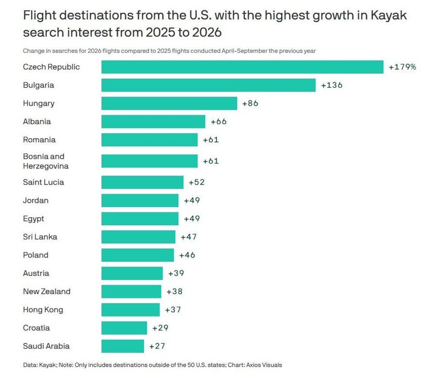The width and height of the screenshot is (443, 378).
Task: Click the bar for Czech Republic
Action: coord(242,67)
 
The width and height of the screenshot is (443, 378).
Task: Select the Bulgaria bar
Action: coord(208,85)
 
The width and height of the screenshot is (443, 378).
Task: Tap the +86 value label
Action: coord(250,103)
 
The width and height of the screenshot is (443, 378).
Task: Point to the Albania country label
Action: coord(37,121)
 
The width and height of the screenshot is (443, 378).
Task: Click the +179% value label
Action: coord(402,67)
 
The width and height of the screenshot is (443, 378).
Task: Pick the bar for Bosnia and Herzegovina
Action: coord(149,161)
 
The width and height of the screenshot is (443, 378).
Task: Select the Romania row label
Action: coord(39,140)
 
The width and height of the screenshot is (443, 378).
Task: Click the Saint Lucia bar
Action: coord(142,182)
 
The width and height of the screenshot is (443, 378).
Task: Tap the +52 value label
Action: coord(197,182)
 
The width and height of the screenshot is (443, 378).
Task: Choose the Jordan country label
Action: coord(36,201)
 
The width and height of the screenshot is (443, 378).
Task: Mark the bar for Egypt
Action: coord(140,219)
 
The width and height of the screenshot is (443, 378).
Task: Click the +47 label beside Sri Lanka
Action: coord(189,237)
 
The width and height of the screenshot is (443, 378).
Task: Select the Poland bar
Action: coord(137,255)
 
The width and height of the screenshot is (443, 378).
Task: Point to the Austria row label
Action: coord(36,273)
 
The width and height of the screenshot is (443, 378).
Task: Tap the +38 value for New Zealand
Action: coord(174,292)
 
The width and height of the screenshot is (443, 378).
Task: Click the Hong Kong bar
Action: coord(130,310)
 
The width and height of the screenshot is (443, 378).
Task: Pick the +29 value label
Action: coord(160,328)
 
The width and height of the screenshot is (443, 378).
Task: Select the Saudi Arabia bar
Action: coord(123,346)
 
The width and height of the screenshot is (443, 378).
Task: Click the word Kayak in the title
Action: coord(388,15)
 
